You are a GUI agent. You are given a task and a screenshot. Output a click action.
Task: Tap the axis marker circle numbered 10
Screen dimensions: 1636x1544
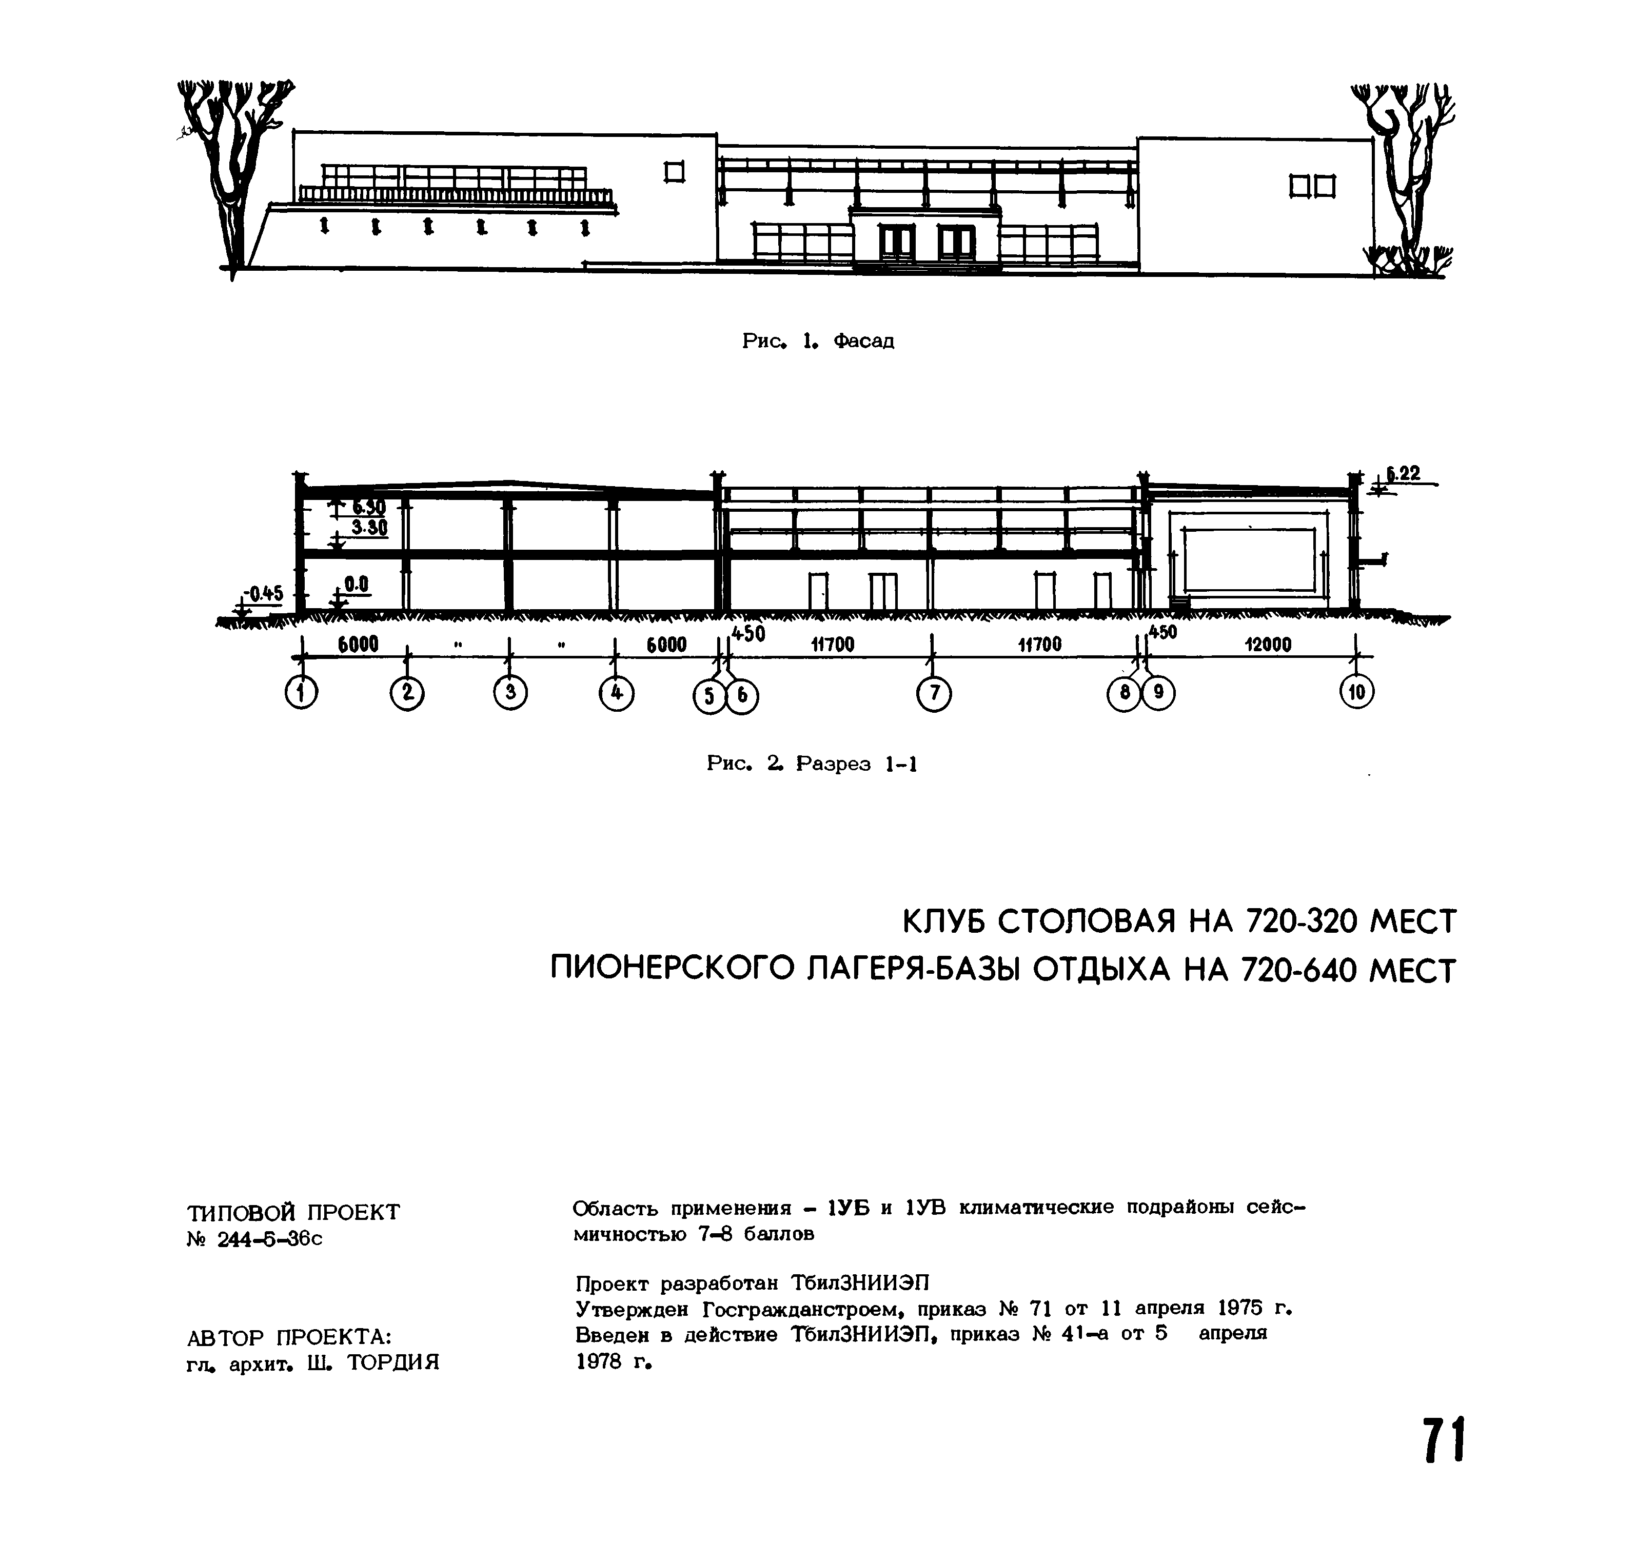tap(1357, 692)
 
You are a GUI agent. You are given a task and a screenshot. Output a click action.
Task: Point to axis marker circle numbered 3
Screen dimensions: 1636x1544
tap(510, 692)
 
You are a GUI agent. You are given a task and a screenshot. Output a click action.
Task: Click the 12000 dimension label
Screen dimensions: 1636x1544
tap(1268, 645)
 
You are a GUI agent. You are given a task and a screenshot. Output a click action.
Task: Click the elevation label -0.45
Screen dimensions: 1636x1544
tap(264, 593)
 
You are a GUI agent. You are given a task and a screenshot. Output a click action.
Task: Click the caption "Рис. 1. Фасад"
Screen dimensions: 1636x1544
tap(818, 340)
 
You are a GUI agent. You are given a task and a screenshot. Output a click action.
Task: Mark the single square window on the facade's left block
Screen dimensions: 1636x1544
tap(675, 172)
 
